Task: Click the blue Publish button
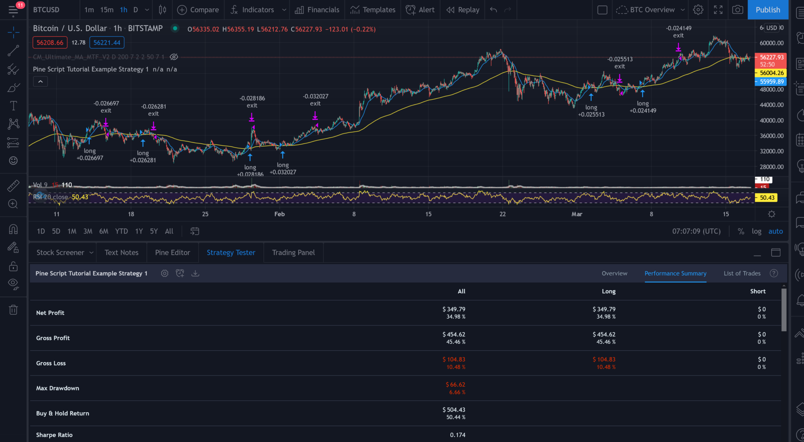coord(767,10)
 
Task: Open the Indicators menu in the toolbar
coord(258,10)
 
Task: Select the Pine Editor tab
coord(172,252)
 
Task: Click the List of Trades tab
coord(742,273)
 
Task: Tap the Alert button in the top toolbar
coord(420,10)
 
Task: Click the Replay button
coord(463,10)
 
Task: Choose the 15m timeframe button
coord(106,10)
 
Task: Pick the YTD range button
coord(121,231)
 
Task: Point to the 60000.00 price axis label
coord(771,43)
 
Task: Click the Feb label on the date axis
coord(279,214)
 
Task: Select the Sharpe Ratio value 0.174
coord(457,435)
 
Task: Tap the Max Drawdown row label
coord(57,388)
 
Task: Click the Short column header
coord(757,291)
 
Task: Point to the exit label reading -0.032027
coord(315,100)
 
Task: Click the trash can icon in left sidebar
coord(13,310)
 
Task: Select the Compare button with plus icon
coord(198,10)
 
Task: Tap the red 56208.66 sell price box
coord(50,42)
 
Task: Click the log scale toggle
coord(756,231)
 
